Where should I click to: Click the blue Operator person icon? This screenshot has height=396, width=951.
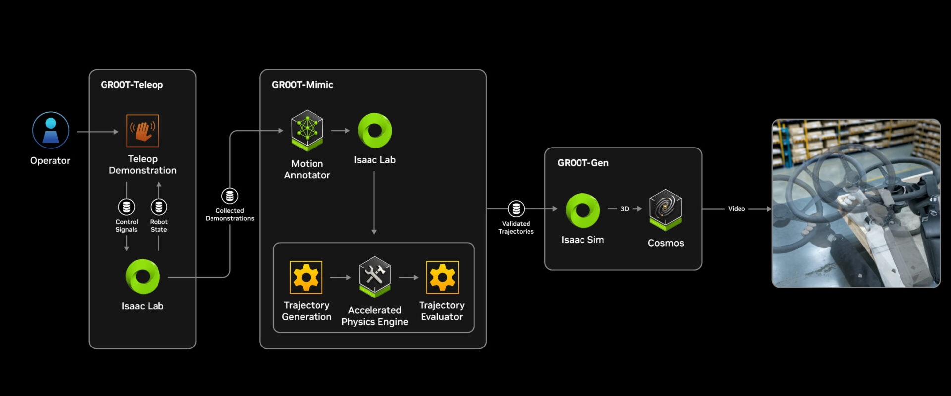pyautogui.click(x=51, y=130)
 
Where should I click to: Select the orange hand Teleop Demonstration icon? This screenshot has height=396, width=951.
pyautogui.click(x=143, y=131)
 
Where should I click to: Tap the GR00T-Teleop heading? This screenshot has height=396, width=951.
pyautogui.click(x=132, y=85)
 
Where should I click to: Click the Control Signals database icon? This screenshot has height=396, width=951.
pyautogui.click(x=126, y=206)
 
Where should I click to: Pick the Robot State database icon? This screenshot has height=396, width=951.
pyautogui.click(x=158, y=206)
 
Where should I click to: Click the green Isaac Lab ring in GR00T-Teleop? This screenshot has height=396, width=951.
pyautogui.click(x=143, y=277)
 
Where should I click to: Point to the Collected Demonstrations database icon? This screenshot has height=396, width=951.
pyautogui.click(x=229, y=196)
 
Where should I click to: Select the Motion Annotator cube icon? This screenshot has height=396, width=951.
pyautogui.click(x=307, y=130)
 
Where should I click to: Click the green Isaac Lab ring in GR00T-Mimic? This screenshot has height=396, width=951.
pyautogui.click(x=374, y=130)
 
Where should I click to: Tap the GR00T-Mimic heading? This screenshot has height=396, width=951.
pyautogui.click(x=302, y=85)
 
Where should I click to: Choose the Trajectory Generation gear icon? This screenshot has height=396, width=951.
pyautogui.click(x=306, y=277)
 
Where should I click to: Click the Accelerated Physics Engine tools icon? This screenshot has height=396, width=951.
pyautogui.click(x=374, y=276)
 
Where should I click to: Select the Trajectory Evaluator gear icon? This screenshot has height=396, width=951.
pyautogui.click(x=442, y=277)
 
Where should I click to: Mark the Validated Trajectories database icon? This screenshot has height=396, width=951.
pyautogui.click(x=516, y=209)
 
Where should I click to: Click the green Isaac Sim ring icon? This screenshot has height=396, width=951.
pyautogui.click(x=582, y=210)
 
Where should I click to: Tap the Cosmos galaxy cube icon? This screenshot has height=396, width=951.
pyautogui.click(x=665, y=209)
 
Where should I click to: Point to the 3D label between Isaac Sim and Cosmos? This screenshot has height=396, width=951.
pyautogui.click(x=625, y=209)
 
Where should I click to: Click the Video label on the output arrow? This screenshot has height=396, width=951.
pyautogui.click(x=736, y=209)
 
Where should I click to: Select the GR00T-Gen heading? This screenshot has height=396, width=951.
pyautogui.click(x=582, y=163)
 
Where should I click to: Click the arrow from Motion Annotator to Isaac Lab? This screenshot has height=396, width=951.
pyautogui.click(x=340, y=131)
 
